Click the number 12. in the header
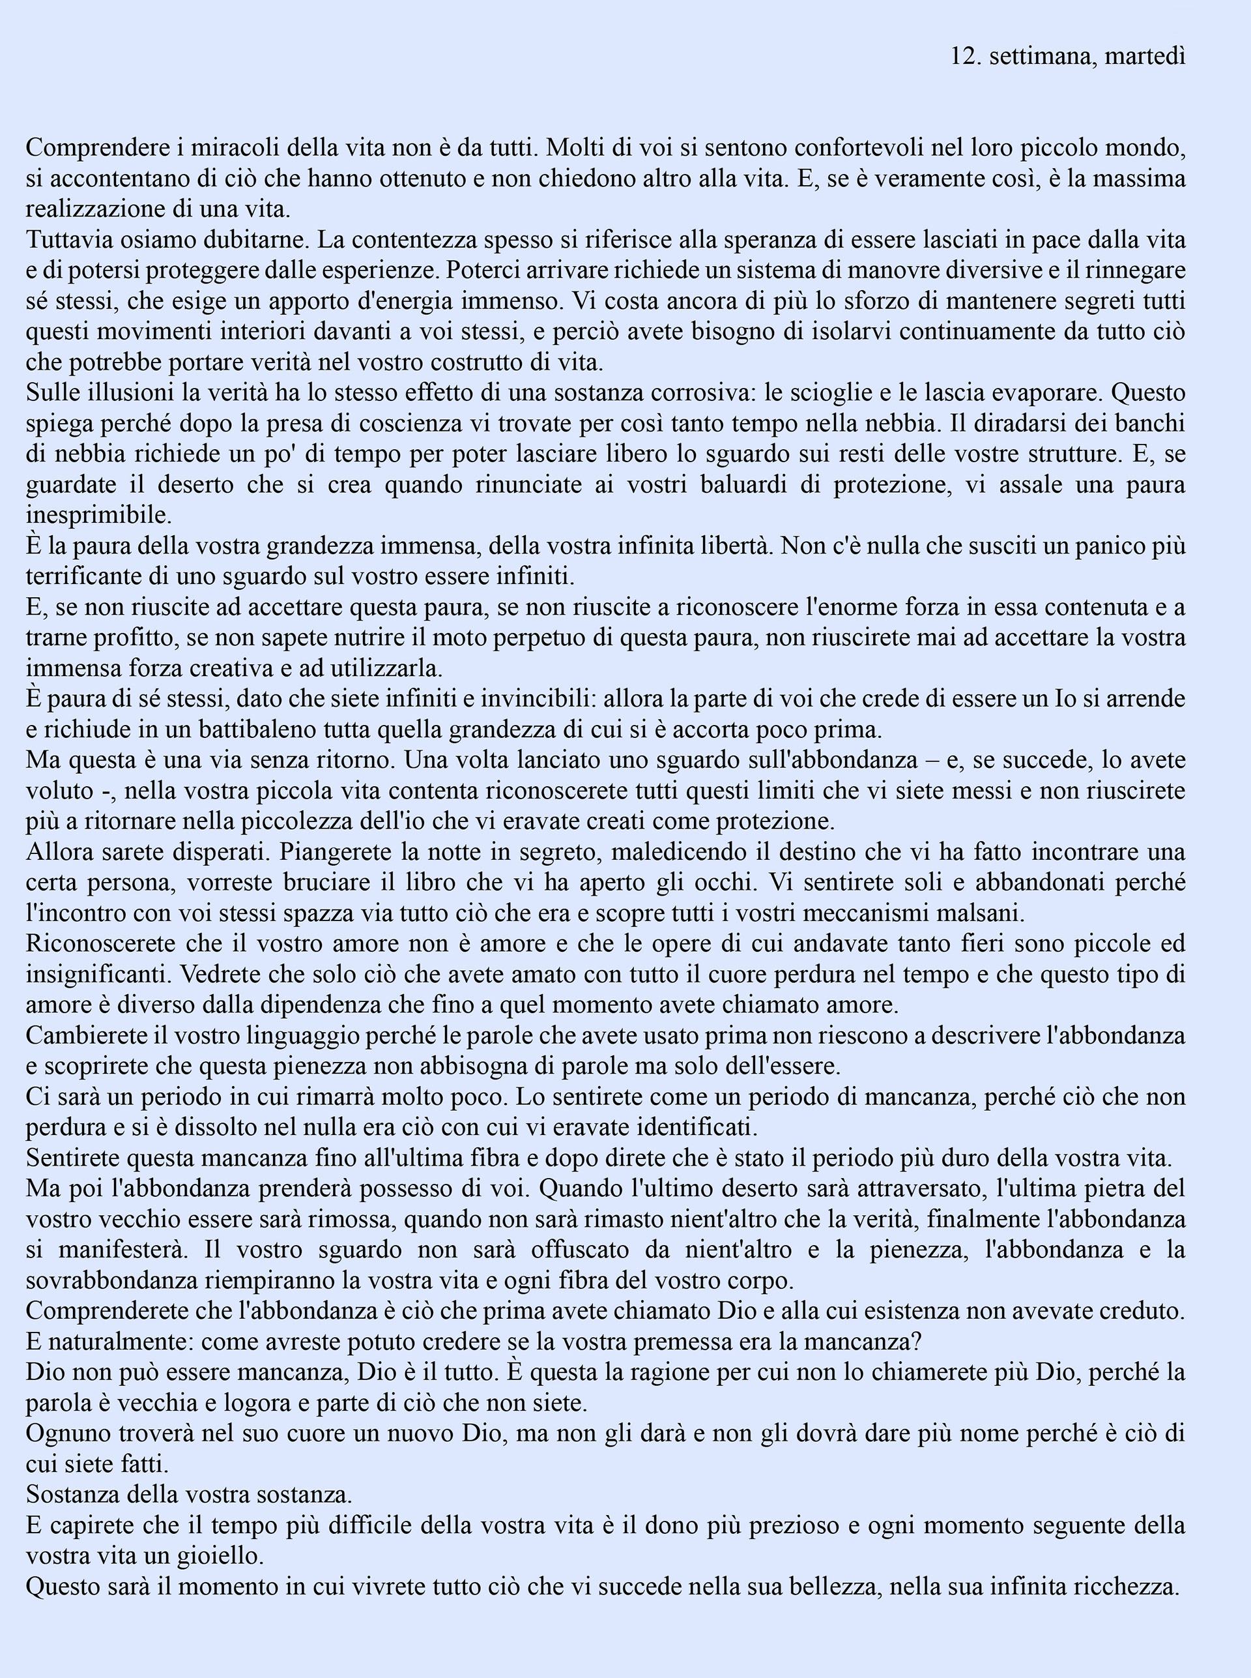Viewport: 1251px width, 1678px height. pos(966,56)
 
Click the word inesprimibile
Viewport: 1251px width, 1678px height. pos(98,515)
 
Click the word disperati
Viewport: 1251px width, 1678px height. pos(214,852)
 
